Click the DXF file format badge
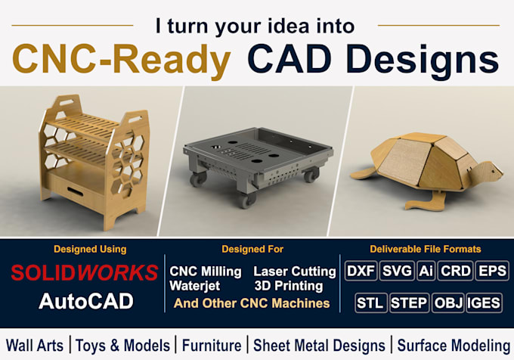pos(361,271)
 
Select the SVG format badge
pos(397,271)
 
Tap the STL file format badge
pos(370,303)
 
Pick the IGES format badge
pos(484,303)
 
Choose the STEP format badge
pos(409,303)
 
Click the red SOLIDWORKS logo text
pos(85,272)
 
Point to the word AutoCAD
pos(86,301)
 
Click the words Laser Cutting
pos(295,272)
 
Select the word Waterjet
pos(195,286)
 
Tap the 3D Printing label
pos(289,286)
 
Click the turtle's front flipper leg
pos(426,200)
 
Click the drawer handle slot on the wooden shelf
pos(75,191)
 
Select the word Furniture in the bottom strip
pos(212,346)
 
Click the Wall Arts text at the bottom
pos(35,346)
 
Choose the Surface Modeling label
pos(454,346)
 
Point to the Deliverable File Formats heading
pos(425,249)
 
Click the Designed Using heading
pos(90,249)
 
